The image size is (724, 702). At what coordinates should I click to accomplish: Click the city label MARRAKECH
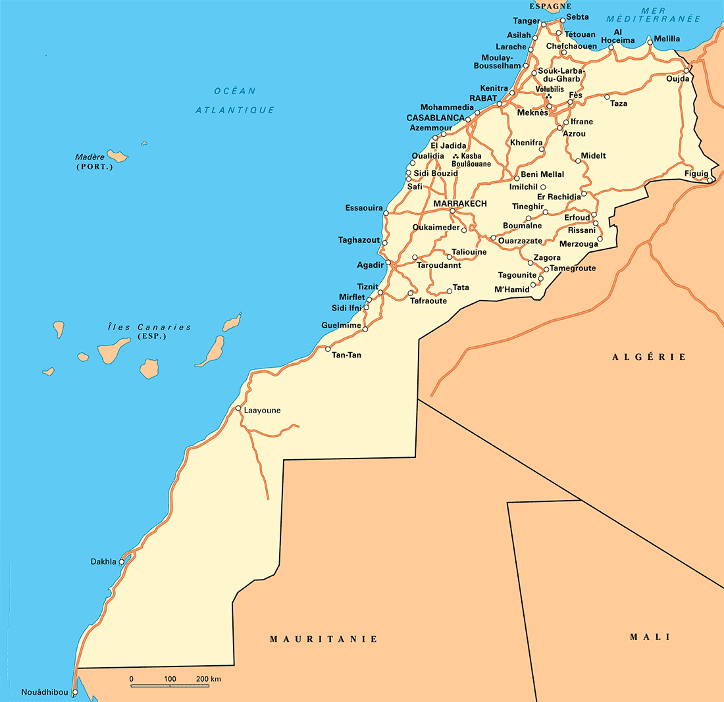(x=460, y=204)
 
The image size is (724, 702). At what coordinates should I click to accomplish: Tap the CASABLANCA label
(x=435, y=118)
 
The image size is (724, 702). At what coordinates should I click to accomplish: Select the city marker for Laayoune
(x=238, y=409)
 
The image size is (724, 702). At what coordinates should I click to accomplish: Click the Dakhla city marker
(x=122, y=562)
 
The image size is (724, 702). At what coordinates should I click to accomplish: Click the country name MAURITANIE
(x=324, y=639)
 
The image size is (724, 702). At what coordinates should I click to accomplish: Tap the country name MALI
(x=650, y=637)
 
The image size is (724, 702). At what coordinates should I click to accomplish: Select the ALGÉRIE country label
(x=649, y=357)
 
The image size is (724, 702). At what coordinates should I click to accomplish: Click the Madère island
(x=118, y=156)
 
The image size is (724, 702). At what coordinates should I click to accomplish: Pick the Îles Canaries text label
(x=149, y=327)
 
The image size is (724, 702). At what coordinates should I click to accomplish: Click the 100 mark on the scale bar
(x=170, y=679)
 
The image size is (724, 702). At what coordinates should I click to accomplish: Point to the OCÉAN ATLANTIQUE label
(x=235, y=101)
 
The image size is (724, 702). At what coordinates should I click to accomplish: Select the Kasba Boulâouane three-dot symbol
(x=455, y=156)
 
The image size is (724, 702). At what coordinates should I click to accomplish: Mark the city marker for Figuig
(x=711, y=180)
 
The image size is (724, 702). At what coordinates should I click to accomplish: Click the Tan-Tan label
(x=347, y=355)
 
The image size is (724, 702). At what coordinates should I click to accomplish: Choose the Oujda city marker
(x=686, y=71)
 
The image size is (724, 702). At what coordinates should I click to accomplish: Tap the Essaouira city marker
(x=386, y=213)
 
